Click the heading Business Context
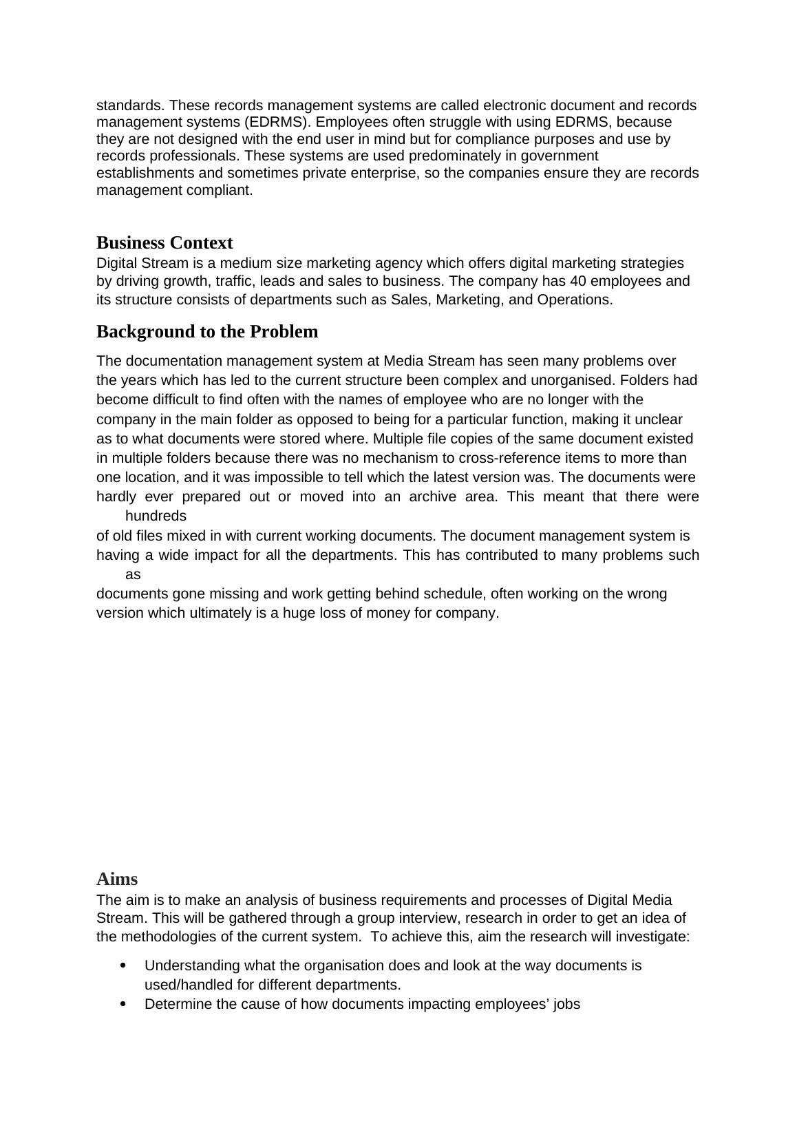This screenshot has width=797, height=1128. point(164,243)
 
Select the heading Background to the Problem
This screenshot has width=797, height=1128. point(207,332)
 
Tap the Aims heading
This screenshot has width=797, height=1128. point(117,879)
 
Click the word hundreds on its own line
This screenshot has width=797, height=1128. point(156,516)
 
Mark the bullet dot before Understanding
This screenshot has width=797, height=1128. point(123,965)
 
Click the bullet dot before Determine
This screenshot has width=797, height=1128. point(123,1004)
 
